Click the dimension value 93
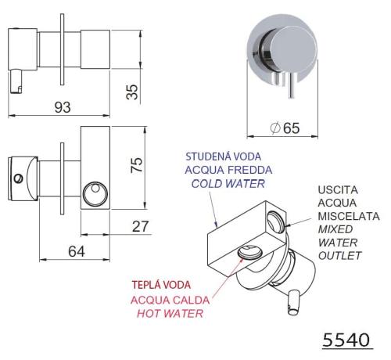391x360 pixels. [x=63, y=107]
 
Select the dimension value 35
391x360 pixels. [x=132, y=92]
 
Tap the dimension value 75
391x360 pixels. [x=137, y=165]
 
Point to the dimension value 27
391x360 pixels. [x=141, y=226]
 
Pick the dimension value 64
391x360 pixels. [x=77, y=251]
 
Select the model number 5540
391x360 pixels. [x=346, y=340]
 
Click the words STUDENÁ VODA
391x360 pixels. [x=224, y=157]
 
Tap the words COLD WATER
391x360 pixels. [x=228, y=184]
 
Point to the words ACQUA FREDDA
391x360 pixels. [x=228, y=170]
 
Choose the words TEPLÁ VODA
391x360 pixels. [x=161, y=285]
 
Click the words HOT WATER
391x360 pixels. [x=170, y=313]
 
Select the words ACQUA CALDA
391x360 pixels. [x=170, y=301]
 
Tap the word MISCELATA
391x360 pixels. [x=349, y=216]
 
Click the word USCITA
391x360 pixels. [x=338, y=190]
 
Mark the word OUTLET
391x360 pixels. [x=340, y=256]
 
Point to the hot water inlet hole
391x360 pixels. [x=250, y=252]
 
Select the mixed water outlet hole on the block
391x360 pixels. [x=276, y=221]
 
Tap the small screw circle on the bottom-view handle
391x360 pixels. [x=19, y=178]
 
